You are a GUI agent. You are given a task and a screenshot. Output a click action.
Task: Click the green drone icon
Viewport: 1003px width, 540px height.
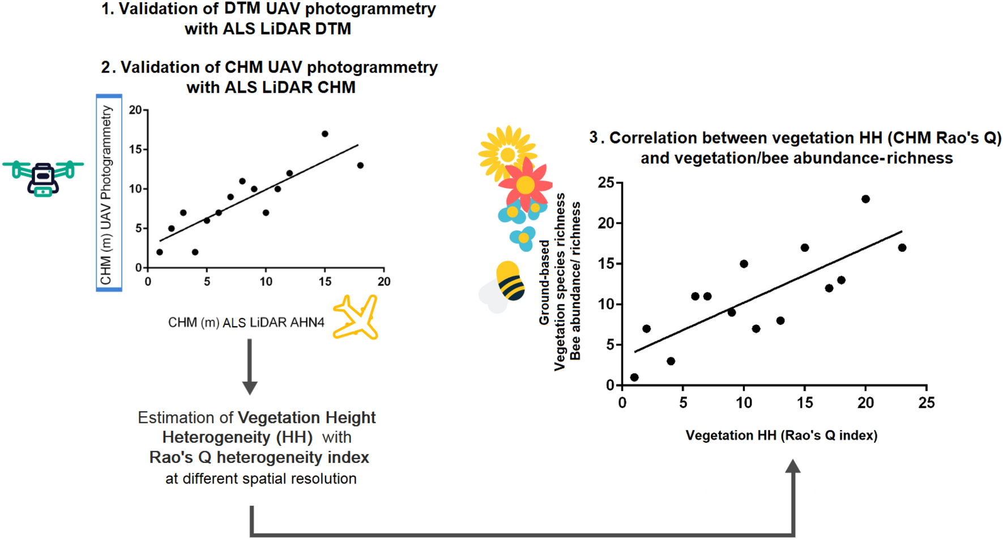coord(43,177)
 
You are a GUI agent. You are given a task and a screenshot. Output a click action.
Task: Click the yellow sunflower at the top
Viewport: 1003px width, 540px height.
coord(507,153)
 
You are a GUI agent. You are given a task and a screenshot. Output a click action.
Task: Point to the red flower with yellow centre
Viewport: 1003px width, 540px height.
coord(526,184)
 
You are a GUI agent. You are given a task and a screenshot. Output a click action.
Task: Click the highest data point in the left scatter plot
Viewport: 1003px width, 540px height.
coord(325,134)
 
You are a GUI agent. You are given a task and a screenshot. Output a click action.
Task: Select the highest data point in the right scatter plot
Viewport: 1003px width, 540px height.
coord(865,199)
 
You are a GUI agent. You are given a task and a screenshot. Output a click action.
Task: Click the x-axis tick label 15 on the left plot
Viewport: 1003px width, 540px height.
coord(325,281)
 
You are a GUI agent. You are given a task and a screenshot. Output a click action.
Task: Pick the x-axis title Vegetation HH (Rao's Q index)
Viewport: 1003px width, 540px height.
coord(782,435)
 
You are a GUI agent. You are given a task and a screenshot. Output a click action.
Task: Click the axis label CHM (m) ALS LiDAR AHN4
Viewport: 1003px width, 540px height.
coord(246,323)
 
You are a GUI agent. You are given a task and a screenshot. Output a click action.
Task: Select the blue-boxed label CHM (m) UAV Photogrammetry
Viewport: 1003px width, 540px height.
coord(109,193)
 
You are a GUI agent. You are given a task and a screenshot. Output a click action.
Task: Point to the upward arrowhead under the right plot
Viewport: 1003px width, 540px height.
coord(793,466)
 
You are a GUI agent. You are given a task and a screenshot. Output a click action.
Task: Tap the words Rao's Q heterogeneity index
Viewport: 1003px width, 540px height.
coord(259,457)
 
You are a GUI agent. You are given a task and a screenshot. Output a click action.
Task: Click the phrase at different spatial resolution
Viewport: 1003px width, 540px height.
coord(261,479)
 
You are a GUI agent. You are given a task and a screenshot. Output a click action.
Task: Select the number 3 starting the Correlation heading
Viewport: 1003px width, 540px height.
coord(594,138)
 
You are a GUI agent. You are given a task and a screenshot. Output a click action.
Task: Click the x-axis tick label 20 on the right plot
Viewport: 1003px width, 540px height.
coord(865,403)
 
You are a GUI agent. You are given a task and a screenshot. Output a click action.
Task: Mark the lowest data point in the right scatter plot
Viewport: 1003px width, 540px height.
coord(634,378)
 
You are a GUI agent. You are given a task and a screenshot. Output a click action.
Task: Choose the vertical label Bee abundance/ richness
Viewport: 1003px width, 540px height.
coord(575,281)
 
